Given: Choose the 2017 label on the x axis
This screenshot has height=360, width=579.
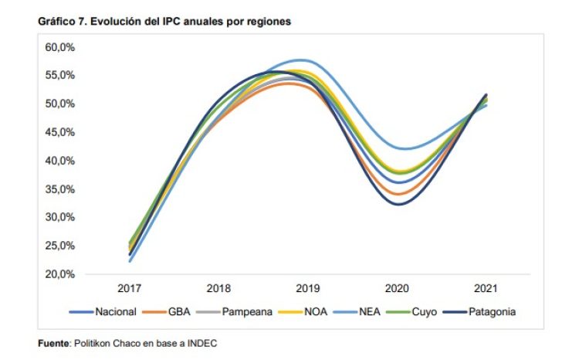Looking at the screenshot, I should click(129, 289).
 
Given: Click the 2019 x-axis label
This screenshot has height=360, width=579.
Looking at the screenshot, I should click(307, 289).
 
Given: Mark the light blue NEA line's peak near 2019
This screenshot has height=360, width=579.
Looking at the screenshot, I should click(303, 59).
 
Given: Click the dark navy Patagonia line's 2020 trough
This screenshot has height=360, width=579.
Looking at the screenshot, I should click(397, 204).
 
